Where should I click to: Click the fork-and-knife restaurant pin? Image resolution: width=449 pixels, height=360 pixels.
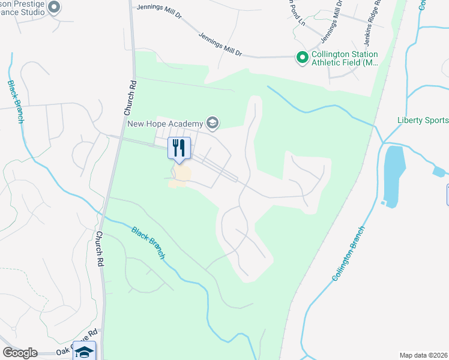(179, 148)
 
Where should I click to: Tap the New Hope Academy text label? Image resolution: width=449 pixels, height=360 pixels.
(166, 124)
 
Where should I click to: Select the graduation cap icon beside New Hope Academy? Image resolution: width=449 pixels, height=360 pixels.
(211, 124)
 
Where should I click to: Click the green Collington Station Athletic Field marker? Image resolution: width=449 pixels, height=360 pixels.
(301, 58)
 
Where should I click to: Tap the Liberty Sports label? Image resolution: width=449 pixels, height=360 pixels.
(423, 120)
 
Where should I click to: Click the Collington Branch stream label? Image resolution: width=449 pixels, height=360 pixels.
(349, 254)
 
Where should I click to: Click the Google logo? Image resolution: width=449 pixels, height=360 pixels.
(20, 353)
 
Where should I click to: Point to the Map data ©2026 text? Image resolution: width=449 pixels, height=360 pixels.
(423, 355)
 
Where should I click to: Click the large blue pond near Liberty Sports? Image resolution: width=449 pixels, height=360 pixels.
(394, 175)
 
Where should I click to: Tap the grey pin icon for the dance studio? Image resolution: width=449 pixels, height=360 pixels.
(54, 7)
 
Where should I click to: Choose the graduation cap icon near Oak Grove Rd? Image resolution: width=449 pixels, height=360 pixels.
(84, 352)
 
